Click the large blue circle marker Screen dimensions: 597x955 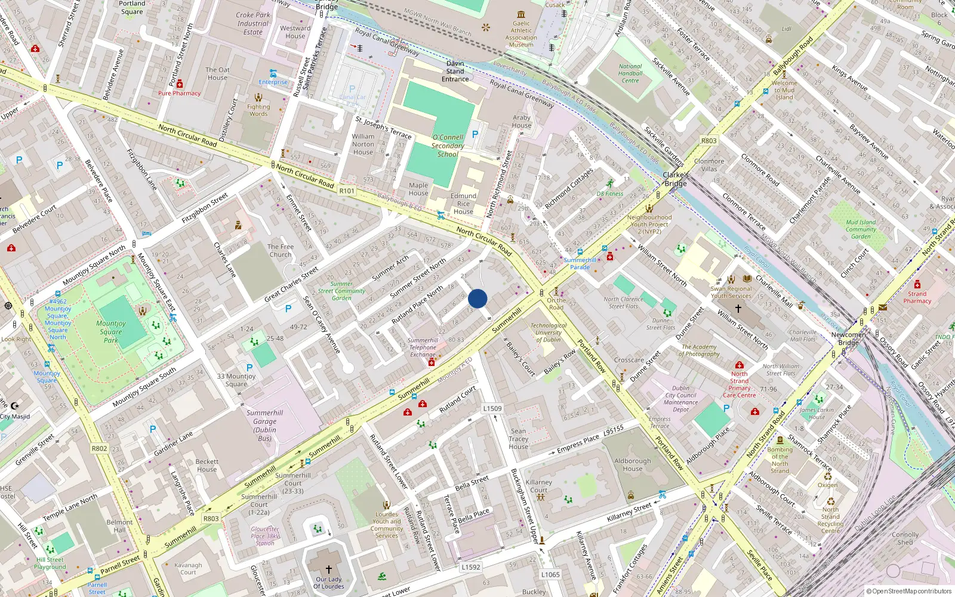(x=478, y=298)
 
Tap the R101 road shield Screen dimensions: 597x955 (x=346, y=191)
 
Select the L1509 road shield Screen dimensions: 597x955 (x=492, y=408)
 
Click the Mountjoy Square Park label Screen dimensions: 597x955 (x=111, y=332)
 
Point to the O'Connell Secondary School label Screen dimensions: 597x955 (x=448, y=146)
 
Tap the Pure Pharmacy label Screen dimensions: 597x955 (x=179, y=93)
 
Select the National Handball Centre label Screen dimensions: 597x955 (x=630, y=73)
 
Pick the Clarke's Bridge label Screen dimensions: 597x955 (x=676, y=179)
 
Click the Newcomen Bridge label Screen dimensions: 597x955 (x=848, y=338)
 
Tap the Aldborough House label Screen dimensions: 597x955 (x=633, y=464)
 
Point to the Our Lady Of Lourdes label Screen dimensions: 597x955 (x=329, y=583)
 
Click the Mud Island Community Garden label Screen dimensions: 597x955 (x=861, y=229)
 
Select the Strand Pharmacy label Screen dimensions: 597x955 (x=917, y=297)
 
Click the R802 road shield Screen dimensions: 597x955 (x=99, y=448)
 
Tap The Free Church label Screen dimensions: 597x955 (x=280, y=250)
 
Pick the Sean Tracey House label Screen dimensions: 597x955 (x=518, y=439)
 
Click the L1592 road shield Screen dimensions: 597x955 (x=470, y=567)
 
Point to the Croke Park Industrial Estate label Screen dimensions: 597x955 (x=252, y=24)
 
